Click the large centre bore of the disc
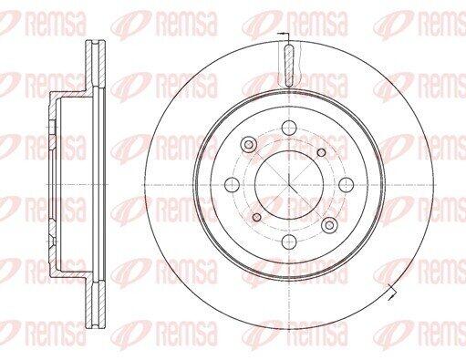pyautogui.click(x=289, y=184)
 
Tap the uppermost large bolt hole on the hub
pyautogui.click(x=289, y=128)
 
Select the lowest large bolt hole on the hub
pyautogui.click(x=289, y=242)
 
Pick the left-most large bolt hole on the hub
pyautogui.click(x=233, y=184)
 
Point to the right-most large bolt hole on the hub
pyautogui.click(x=347, y=184)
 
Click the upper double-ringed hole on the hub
pyautogui.click(x=249, y=144)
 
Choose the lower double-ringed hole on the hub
pyautogui.click(x=329, y=225)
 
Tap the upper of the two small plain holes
pyautogui.click(x=321, y=152)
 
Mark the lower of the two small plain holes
pyautogui.click(x=257, y=217)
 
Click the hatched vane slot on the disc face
pyautogui.click(x=289, y=66)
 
